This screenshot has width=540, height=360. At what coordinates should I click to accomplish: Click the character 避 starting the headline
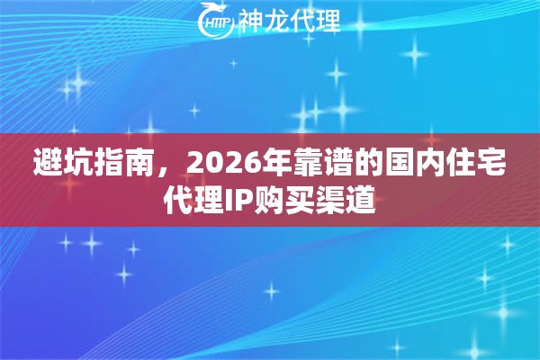coord(47,163)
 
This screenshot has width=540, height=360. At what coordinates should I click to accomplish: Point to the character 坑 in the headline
coord(79,163)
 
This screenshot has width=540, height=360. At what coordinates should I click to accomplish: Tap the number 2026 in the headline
coord(214,163)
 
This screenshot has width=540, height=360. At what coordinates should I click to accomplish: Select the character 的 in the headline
coord(361,163)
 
